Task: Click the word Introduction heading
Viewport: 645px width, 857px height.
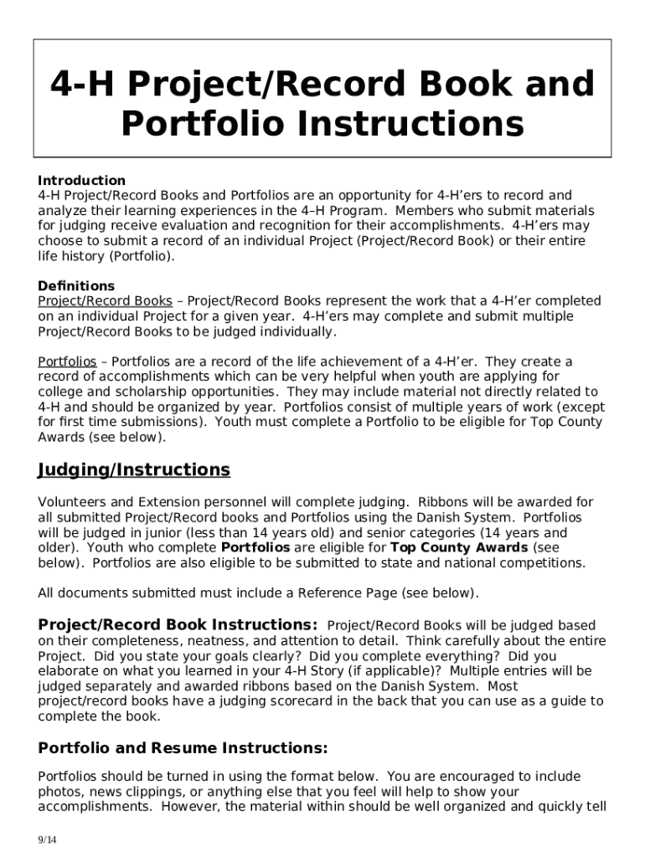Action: tap(81, 181)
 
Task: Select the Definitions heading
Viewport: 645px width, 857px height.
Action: tap(76, 286)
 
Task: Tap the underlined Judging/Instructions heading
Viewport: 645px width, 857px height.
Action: tap(134, 470)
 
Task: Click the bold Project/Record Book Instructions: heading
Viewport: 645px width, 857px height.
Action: tap(178, 625)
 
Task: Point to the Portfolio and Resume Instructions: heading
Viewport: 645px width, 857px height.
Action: tap(183, 748)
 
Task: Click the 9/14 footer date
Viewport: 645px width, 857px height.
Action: tap(47, 839)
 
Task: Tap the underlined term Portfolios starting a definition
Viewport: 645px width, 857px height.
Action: tap(67, 362)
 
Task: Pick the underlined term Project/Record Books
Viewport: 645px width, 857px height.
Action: tap(106, 301)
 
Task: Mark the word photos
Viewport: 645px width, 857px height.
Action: tap(59, 792)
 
